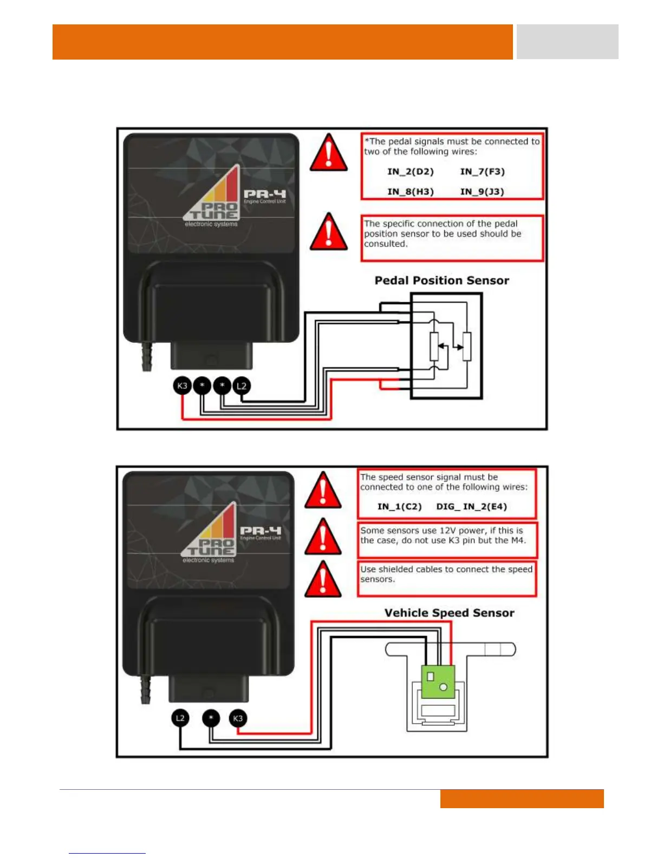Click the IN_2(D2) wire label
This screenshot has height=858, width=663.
pos(411,172)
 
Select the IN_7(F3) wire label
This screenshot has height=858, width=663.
pos(482,172)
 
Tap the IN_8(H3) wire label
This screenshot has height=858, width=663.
pos(411,192)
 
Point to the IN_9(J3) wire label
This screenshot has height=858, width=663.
pos(482,192)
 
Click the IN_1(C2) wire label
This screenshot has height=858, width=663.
pos(399,506)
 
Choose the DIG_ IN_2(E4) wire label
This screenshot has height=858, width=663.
pos(471,506)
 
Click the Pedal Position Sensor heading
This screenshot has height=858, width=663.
pos(441,281)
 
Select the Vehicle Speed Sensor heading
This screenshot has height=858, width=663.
pos(449,613)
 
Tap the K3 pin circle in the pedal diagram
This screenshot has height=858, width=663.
pos(182,386)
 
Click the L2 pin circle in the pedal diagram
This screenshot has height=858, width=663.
pos(242,386)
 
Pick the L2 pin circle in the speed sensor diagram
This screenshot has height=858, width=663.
pos(180,718)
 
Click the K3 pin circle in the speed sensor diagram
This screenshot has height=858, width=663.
pos(238,718)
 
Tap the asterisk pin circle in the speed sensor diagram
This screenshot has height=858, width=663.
pos(211,718)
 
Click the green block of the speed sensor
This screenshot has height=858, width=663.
pos(438,682)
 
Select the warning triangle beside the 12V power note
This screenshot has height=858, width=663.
pos(323,537)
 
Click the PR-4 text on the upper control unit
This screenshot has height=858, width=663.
pos(264,194)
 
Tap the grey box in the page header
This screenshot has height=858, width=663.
pos(567,42)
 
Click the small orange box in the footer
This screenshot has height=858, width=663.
pos(522,798)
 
